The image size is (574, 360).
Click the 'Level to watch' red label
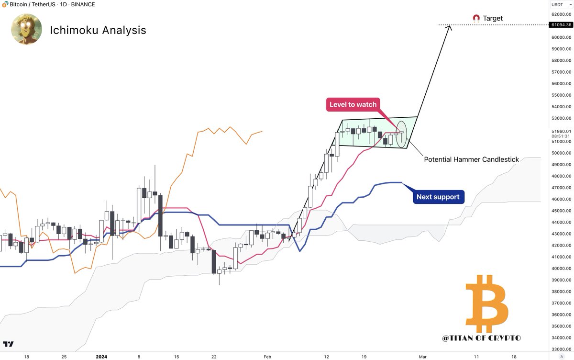[x=353, y=104]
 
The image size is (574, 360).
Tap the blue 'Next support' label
[x=438, y=197]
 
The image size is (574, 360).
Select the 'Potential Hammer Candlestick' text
[x=471, y=159]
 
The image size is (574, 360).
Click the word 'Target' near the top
[x=493, y=18]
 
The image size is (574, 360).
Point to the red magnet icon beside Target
[x=476, y=18]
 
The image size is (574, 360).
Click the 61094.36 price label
[x=562, y=24]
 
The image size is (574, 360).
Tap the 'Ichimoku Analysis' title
[x=98, y=30]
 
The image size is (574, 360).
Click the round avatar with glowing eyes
[x=26, y=29]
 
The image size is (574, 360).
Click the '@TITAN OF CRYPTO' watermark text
[x=482, y=338]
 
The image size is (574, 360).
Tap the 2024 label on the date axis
[x=101, y=357]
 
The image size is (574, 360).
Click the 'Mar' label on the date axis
[x=423, y=357]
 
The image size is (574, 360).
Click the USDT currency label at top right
[x=558, y=4]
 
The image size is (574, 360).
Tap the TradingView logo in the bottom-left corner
[x=8, y=344]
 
